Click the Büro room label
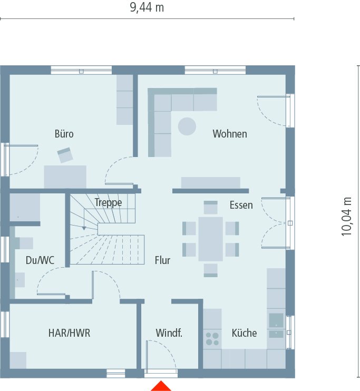[x=64, y=134]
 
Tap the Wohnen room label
[x=229, y=134]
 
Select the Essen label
[x=241, y=205]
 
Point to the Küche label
[x=244, y=333]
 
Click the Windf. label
[x=169, y=333]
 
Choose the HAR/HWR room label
[x=69, y=333]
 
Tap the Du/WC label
[x=40, y=260]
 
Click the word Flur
[x=162, y=260]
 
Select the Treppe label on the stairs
[x=108, y=202]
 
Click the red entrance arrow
[x=161, y=386]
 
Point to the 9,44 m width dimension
[x=147, y=7]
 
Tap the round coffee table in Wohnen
[x=187, y=126]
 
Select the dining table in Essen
[x=210, y=239]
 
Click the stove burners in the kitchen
[x=212, y=338]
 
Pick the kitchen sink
[x=276, y=320]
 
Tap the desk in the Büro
[x=65, y=177]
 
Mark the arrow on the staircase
[x=83, y=228]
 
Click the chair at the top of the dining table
[x=210, y=207]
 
